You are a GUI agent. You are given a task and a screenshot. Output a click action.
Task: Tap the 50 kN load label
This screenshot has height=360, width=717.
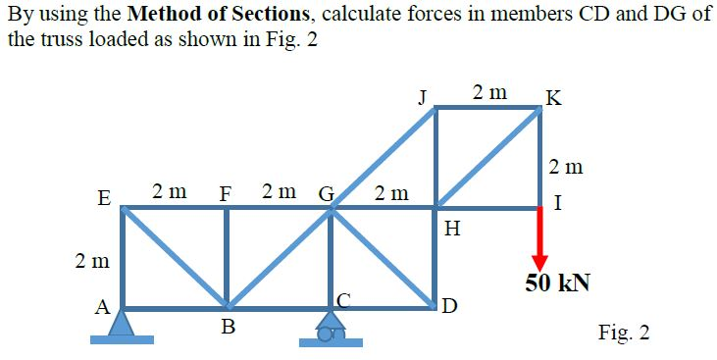pos(557,283)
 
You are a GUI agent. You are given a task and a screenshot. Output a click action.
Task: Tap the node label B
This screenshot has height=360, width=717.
pos(228,328)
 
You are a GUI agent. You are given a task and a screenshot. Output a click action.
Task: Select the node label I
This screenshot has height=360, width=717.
pos(557,205)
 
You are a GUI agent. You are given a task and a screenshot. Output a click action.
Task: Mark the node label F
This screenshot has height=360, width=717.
pos(225,190)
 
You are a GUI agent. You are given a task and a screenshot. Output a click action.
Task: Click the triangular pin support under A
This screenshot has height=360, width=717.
pos(122,323)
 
